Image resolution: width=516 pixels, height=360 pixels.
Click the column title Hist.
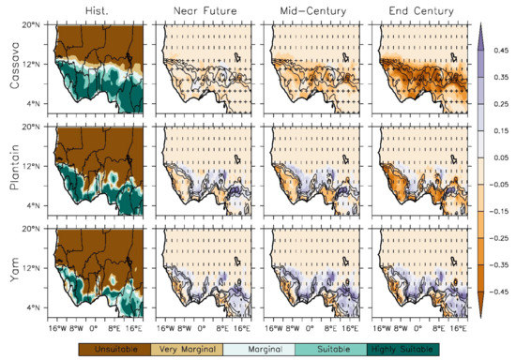tap(99, 9)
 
